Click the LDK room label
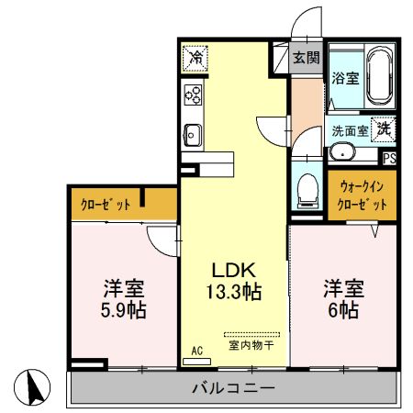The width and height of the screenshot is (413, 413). tap(233, 272)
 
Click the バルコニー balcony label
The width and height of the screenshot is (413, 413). tap(233, 388)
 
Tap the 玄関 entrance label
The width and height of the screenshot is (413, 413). tap(306, 58)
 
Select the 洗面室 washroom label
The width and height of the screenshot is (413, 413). tap(349, 130)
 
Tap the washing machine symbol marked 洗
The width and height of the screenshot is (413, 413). tap(383, 129)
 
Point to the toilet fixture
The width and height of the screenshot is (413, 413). tap(307, 190)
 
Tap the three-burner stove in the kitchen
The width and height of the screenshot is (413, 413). tap(194, 95)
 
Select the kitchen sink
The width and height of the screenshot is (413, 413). tap(193, 133)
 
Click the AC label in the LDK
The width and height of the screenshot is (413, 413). tap(196, 351)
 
